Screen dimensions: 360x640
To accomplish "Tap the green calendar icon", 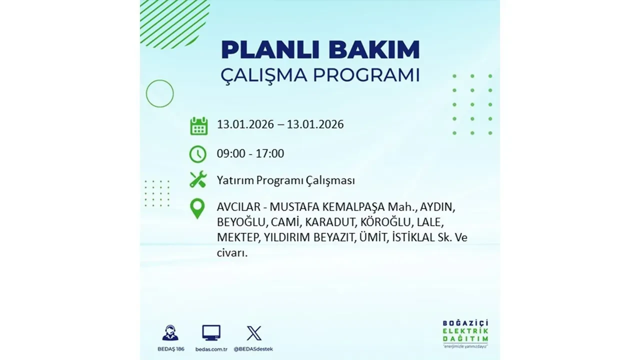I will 198,126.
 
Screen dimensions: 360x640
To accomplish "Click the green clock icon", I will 198,154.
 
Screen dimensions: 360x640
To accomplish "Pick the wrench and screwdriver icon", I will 198,179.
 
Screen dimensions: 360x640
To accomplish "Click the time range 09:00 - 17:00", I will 250,153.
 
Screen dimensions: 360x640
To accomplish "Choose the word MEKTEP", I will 237,237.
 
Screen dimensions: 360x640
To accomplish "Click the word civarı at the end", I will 232,252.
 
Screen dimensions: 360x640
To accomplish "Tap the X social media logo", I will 254,333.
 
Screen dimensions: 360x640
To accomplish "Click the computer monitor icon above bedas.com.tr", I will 211,333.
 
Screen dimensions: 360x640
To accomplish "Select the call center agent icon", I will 170,333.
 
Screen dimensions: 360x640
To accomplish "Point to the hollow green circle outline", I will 159,93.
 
